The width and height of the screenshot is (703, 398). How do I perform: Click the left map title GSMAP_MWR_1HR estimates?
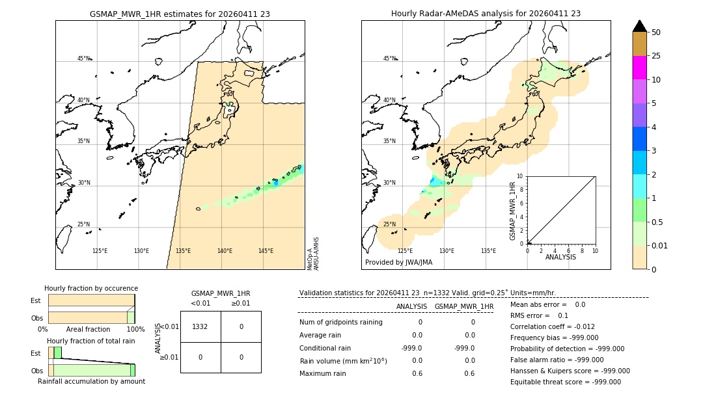point(180,14)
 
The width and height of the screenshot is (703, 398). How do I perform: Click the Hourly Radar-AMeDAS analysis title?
point(486,14)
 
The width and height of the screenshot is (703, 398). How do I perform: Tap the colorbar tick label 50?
point(656,33)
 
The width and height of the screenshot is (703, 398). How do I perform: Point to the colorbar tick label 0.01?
point(660,245)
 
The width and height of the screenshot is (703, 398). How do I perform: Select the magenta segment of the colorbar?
point(639,68)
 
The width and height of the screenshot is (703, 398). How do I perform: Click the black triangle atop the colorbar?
point(639,26)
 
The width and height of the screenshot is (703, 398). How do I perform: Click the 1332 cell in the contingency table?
point(200,326)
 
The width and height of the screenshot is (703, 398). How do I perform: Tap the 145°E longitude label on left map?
point(266,251)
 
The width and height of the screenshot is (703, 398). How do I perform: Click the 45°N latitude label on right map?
point(389,59)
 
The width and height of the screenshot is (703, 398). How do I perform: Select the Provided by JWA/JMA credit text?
point(398,263)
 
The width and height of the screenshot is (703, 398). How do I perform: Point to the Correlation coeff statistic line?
point(552,326)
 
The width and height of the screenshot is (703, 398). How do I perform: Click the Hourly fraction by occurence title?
point(91,288)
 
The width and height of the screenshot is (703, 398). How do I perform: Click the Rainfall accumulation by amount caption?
point(91,381)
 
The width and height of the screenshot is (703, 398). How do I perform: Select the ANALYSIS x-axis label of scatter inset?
point(560,257)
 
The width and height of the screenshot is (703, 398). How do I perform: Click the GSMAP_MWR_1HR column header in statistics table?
point(463,306)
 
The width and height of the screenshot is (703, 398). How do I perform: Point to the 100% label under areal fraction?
point(135,330)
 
